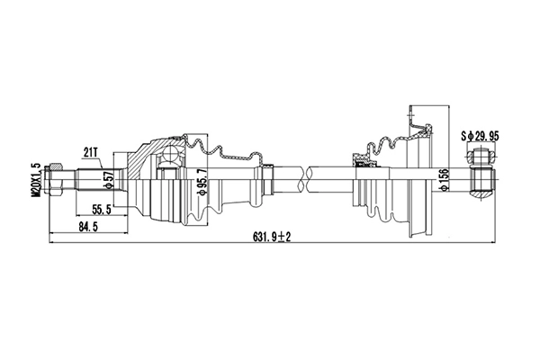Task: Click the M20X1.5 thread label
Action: tap(35, 180)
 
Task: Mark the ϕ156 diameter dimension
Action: tap(443, 180)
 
